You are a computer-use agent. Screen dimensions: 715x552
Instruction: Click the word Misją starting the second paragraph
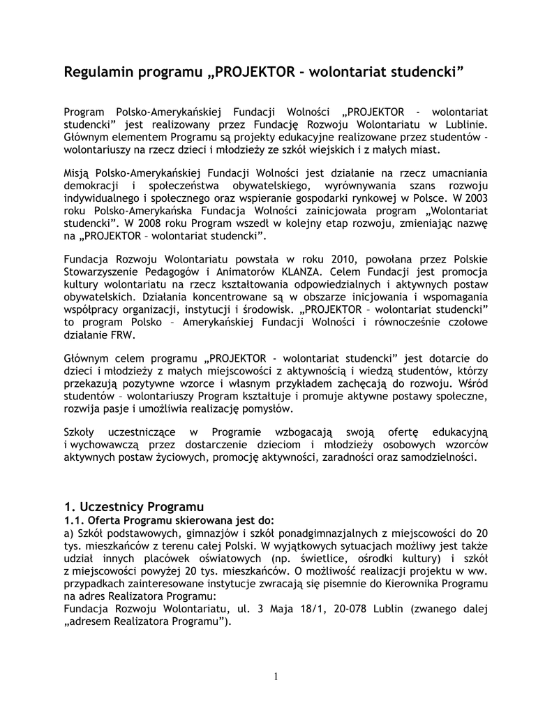pos(77,172)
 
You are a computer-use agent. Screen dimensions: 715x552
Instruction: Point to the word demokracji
pos(91,184)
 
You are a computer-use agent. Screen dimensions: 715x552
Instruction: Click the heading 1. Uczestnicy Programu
pos(133,505)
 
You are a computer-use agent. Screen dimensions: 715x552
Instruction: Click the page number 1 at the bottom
pos(276,676)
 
